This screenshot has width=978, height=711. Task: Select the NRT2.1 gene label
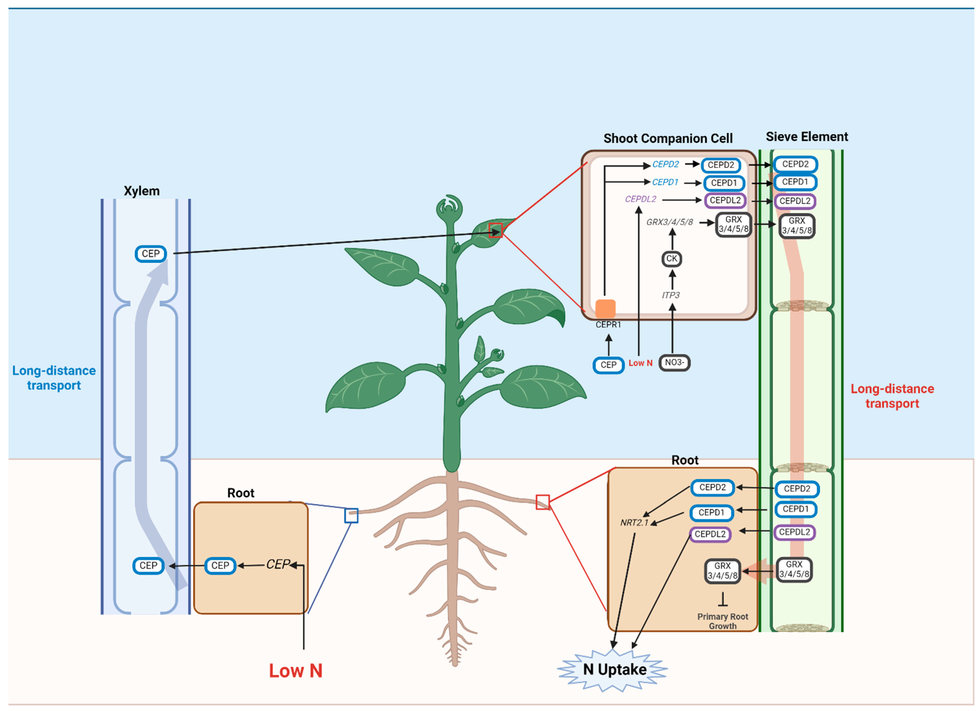pos(634,523)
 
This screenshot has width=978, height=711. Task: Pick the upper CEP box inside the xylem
pos(151,254)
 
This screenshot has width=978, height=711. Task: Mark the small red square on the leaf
pos(496,231)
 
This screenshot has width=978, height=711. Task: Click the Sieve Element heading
pos(806,137)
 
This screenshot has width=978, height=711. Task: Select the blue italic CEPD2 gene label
pos(665,164)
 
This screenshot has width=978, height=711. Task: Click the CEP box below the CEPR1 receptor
pos(608,365)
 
